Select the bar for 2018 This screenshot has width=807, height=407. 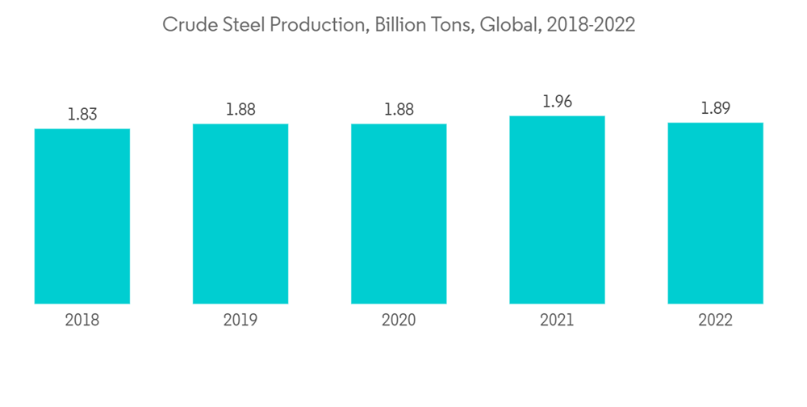coord(82,216)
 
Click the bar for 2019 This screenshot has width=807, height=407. coord(240,213)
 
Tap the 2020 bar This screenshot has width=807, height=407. coord(399,213)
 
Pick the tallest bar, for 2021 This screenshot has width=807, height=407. coord(557,209)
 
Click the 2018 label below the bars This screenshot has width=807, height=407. coord(82,321)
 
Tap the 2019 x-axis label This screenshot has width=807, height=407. coord(240,321)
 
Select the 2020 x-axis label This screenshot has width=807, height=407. coord(399,321)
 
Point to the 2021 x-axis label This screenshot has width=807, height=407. coord(557,321)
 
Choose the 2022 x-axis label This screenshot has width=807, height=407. coord(715,321)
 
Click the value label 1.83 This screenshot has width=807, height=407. coord(82,114)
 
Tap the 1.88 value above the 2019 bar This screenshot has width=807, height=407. coord(240,109)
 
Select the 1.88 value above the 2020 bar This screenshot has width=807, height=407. coord(399,109)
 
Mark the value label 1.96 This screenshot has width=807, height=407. coord(557,101)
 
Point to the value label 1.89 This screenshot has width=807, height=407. coord(715,108)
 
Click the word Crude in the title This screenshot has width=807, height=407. coord(185,25)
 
